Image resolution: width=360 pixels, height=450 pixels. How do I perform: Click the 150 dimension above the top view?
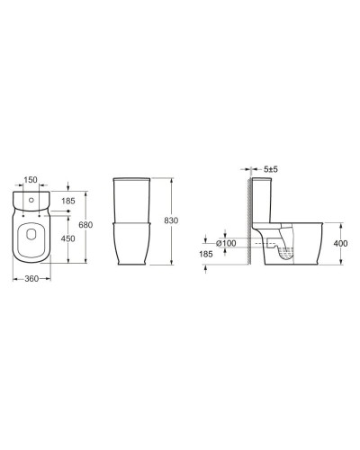click(x=31, y=178)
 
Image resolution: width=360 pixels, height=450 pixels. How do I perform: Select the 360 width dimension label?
click(x=31, y=280)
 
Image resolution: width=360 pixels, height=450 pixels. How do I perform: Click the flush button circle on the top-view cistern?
click(x=31, y=197)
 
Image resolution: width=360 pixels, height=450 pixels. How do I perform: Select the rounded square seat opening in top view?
click(x=31, y=238)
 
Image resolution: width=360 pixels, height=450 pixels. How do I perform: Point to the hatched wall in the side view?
click(x=247, y=225)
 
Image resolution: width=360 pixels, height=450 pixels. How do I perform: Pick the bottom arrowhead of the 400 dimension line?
click(x=339, y=265)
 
